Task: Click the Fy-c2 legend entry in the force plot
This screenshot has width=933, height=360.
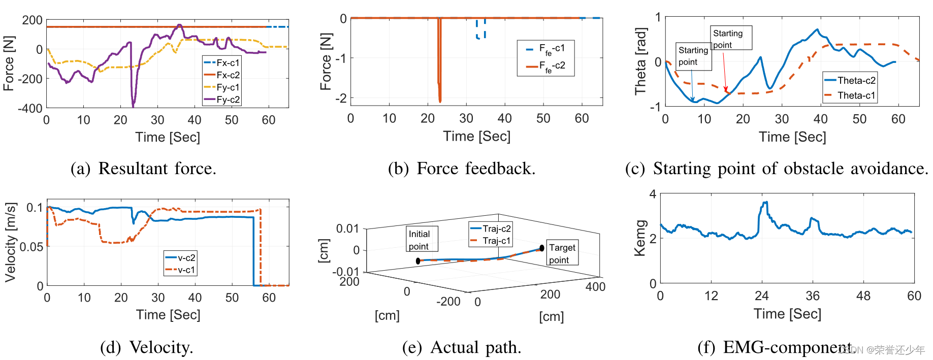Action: (x=222, y=100)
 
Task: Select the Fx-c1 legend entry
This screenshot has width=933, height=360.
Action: (x=222, y=63)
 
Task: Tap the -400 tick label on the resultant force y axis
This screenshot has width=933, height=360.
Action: (x=30, y=108)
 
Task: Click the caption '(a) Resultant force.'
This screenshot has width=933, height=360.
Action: (x=143, y=169)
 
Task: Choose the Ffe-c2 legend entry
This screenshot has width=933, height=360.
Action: (x=546, y=67)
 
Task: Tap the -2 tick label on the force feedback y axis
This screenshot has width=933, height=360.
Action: (x=341, y=98)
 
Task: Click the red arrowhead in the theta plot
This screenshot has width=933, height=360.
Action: (x=726, y=90)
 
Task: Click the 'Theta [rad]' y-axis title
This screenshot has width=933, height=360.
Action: (x=640, y=61)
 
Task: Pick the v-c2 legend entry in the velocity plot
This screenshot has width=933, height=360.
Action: (x=181, y=258)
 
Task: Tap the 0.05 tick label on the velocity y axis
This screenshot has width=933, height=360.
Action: (x=31, y=247)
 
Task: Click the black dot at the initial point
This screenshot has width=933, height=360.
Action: (x=418, y=261)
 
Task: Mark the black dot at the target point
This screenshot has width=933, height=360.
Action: (x=542, y=248)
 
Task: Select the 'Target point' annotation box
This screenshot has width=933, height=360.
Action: (x=562, y=253)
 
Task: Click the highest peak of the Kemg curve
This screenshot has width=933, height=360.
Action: (x=765, y=203)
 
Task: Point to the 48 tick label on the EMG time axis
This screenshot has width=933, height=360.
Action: (x=863, y=296)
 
